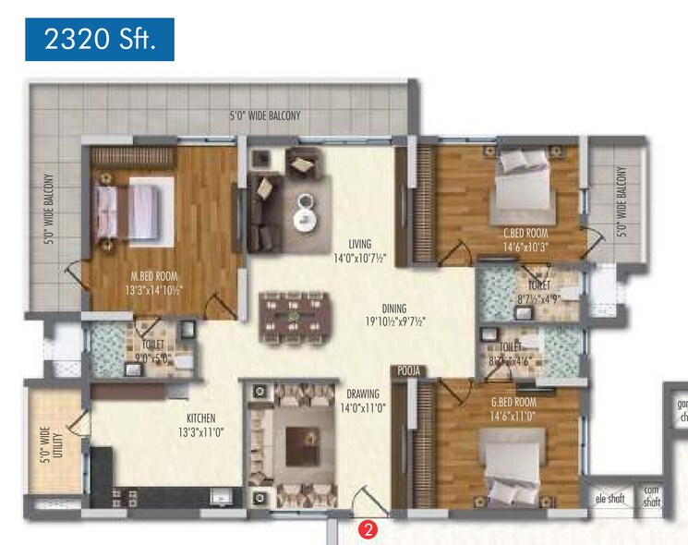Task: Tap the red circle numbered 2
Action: (368, 529)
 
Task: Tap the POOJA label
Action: (409, 370)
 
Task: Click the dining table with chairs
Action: (295, 317)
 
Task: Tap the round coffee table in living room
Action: (306, 219)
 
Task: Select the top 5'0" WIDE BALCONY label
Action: (265, 116)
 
